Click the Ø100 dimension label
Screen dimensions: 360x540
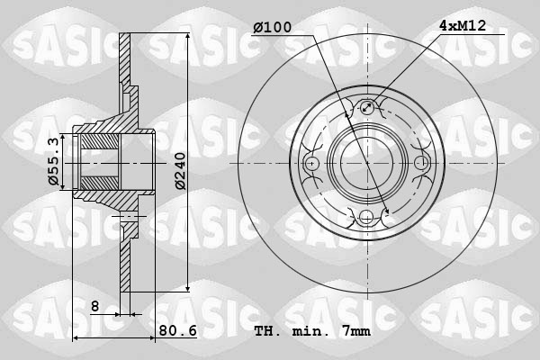[272, 28]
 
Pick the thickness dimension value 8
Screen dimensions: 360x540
[94, 307]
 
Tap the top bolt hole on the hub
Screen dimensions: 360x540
[366, 109]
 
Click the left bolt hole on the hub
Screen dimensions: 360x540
[312, 163]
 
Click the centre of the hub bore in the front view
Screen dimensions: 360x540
[366, 163]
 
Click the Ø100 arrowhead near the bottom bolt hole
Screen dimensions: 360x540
[384, 214]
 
